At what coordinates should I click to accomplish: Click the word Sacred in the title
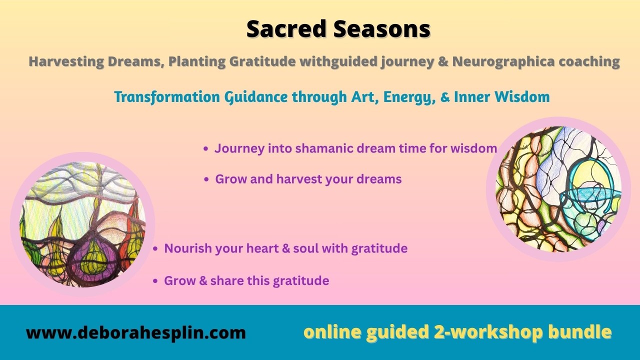[286, 29]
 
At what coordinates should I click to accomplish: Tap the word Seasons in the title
[381, 29]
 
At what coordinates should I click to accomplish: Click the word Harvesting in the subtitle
[66, 62]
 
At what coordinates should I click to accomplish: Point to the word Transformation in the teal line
[167, 96]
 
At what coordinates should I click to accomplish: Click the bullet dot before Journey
[205, 149]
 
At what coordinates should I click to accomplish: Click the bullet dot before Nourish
[155, 249]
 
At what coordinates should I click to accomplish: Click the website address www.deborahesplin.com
[136, 332]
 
